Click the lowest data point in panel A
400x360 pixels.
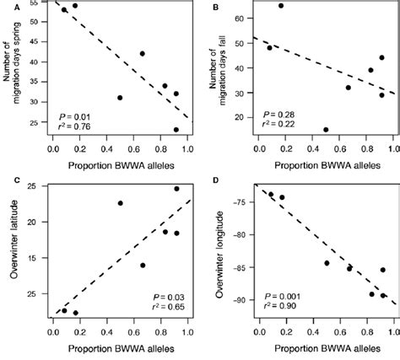(176, 130)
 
